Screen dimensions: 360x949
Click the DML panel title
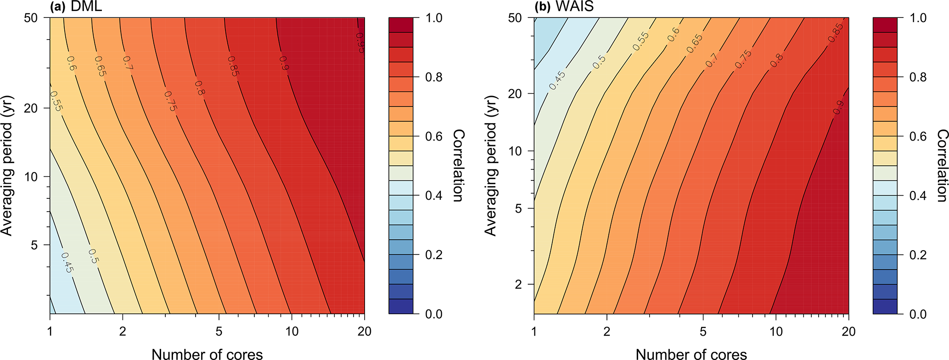[76, 6]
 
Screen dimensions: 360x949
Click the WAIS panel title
[561, 6]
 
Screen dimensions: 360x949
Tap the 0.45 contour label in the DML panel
[67, 263]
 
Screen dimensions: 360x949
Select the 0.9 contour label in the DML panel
[284, 63]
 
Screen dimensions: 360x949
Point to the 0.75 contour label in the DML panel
[170, 101]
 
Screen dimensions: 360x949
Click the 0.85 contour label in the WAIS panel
[836, 33]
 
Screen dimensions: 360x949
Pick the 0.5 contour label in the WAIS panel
[599, 62]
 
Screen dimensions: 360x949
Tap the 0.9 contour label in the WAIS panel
[838, 108]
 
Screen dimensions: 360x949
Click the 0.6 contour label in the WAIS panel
[674, 35]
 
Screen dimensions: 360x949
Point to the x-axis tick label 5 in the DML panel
[219, 332]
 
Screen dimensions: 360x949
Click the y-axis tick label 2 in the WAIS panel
[518, 285]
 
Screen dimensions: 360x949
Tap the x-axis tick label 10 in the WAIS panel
[776, 332]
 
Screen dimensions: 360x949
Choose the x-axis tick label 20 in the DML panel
[364, 332]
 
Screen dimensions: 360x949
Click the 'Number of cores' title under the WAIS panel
[691, 354]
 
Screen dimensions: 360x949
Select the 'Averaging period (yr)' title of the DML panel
[7, 166]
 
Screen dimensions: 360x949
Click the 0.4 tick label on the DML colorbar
[434, 196]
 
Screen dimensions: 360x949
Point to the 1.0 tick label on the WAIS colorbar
[918, 18]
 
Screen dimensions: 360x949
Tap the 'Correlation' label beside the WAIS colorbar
[942, 166]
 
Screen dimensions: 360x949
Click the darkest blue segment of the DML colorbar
[401, 306]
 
